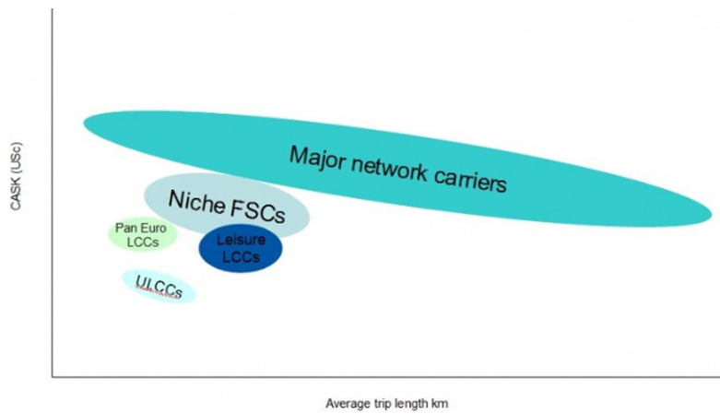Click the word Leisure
(240, 242)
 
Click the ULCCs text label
(159, 287)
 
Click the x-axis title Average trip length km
(386, 403)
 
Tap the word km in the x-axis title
(439, 403)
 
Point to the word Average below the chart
(346, 403)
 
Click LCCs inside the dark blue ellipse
(241, 257)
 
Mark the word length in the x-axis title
(408, 403)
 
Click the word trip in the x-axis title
(379, 403)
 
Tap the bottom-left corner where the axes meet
(52, 376)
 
